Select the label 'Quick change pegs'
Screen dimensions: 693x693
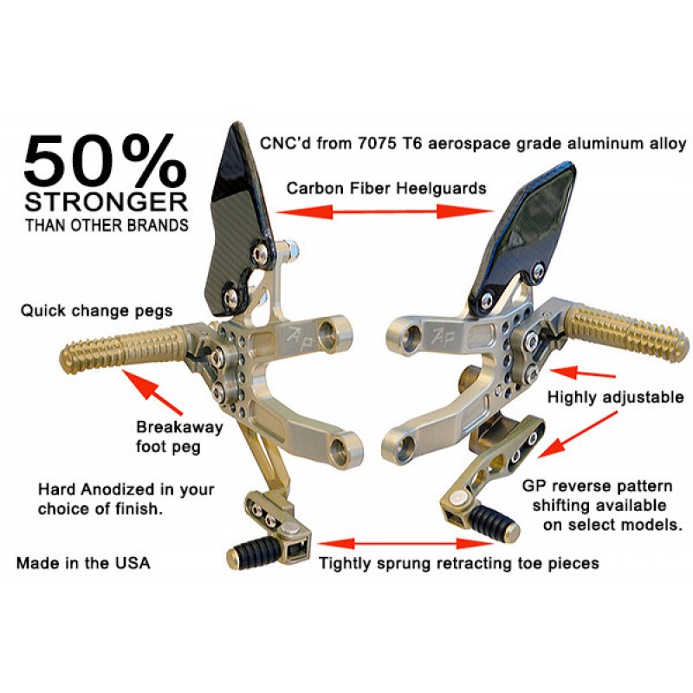pyautogui.click(x=97, y=309)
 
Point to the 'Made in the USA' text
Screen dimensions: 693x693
pyautogui.click(x=83, y=563)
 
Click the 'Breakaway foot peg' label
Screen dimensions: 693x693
pyautogui.click(x=179, y=437)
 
